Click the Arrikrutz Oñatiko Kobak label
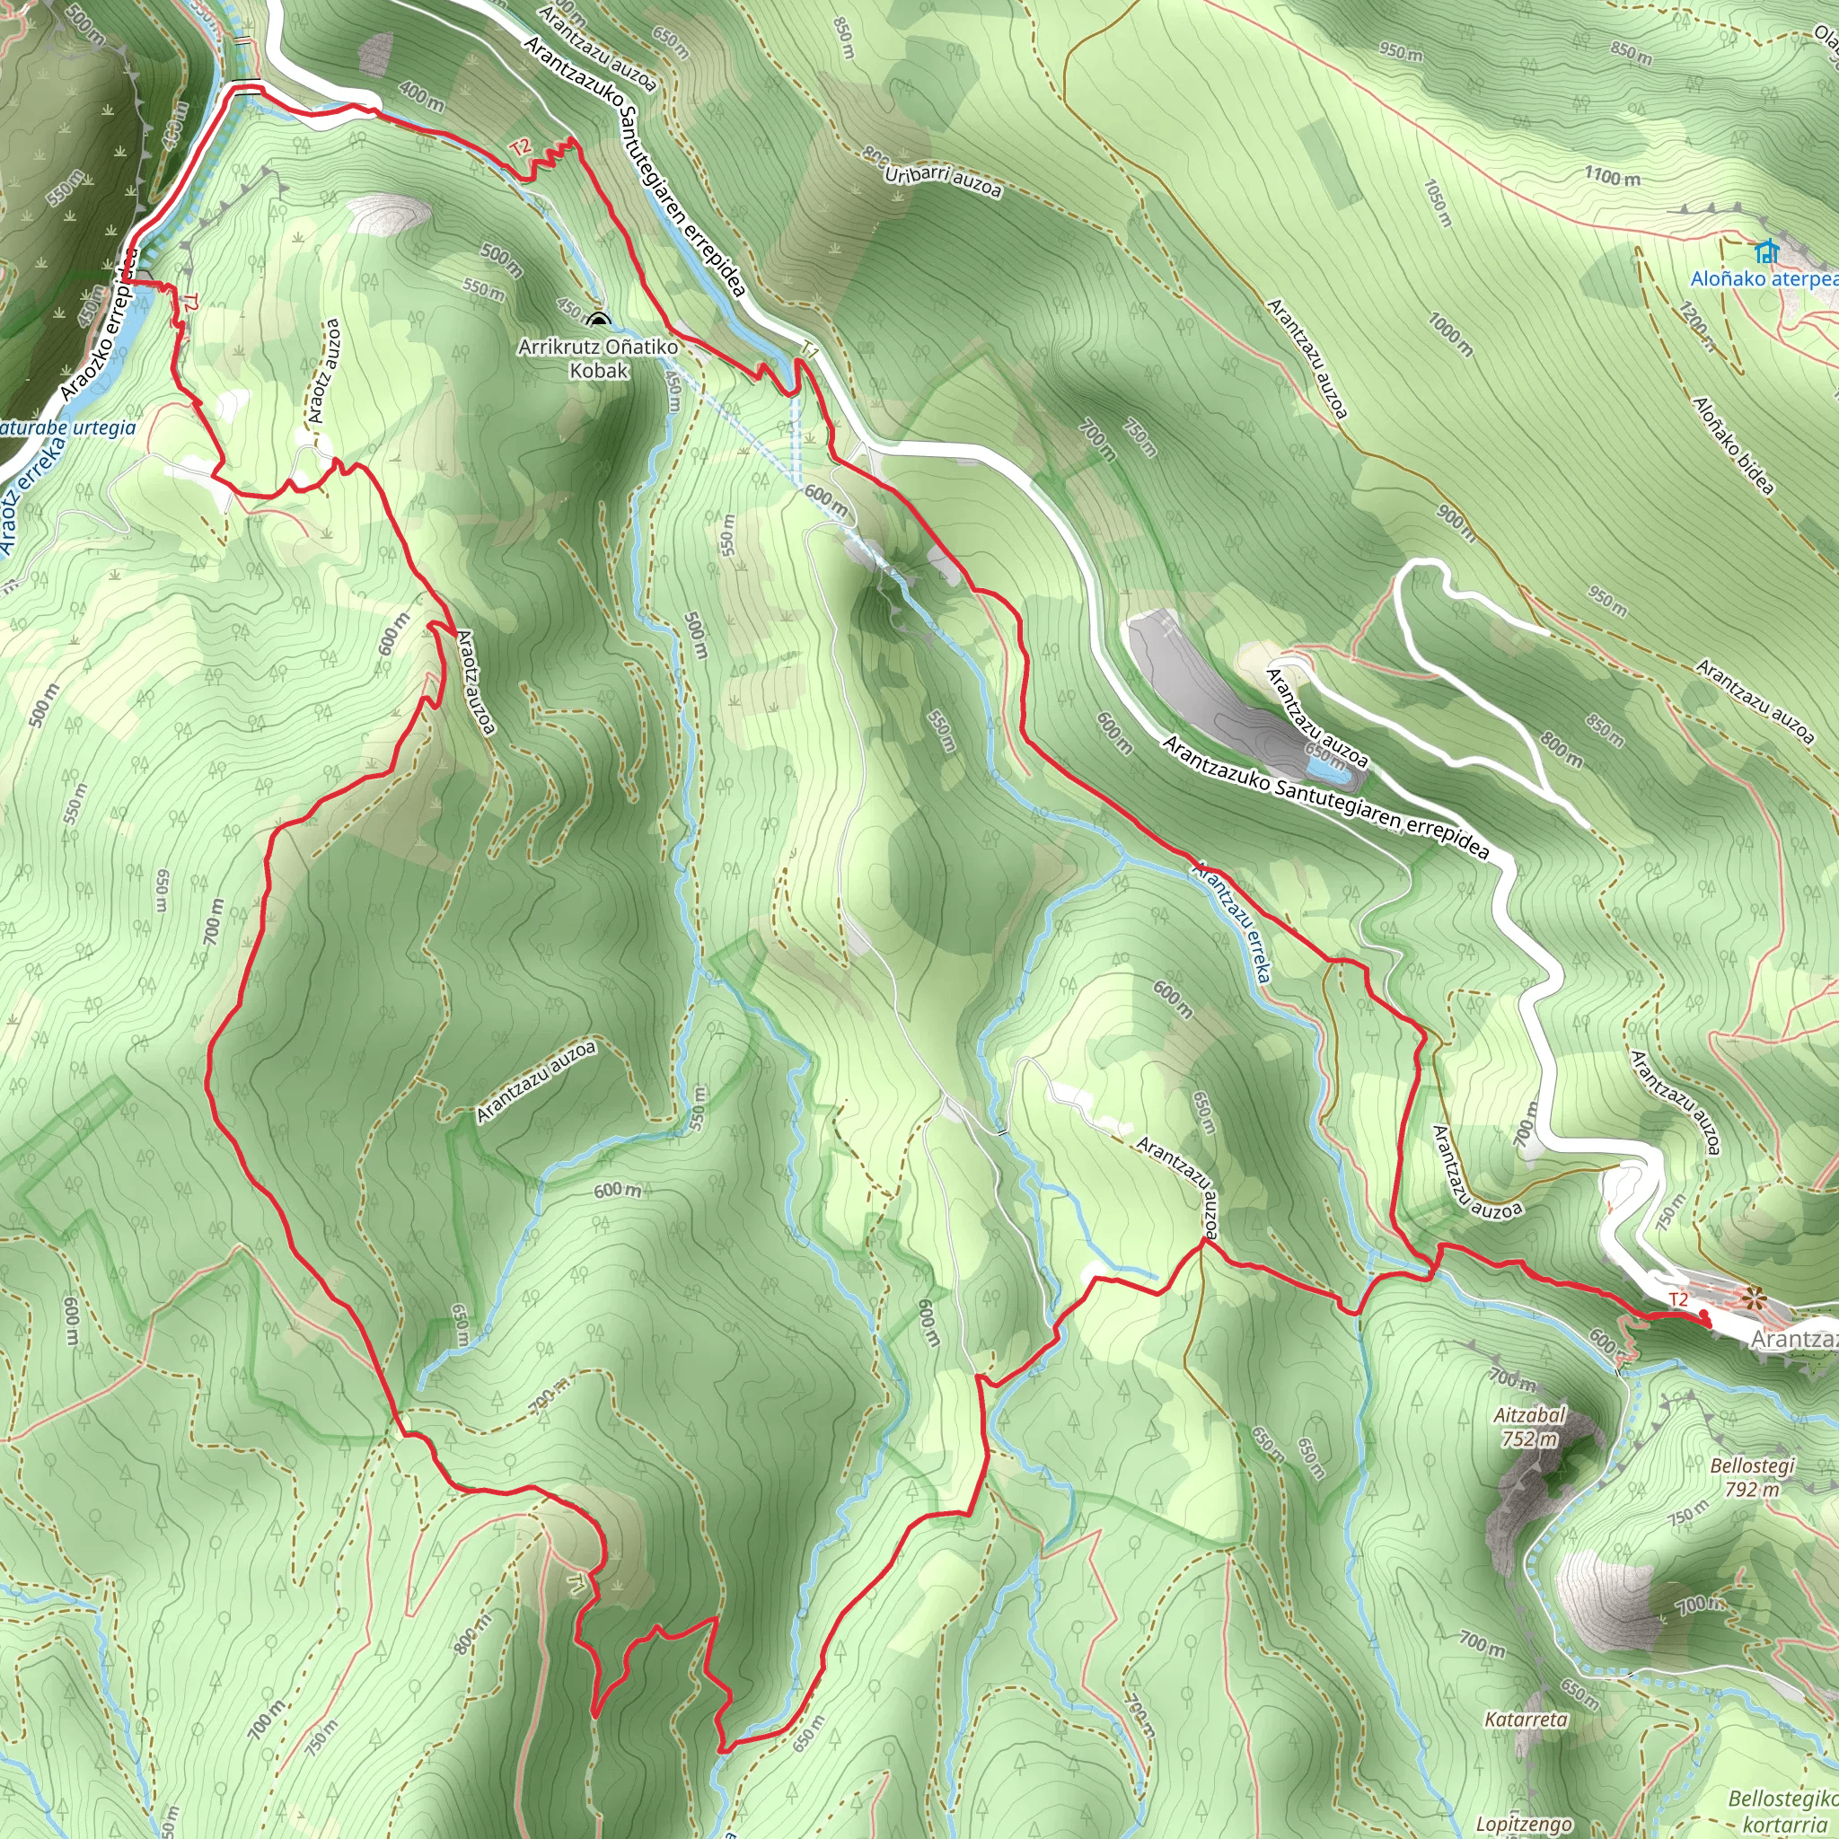[598, 359]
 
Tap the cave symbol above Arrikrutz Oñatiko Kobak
[598, 321]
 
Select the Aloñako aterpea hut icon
[1767, 252]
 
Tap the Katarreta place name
[1526, 1720]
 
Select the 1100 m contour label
[1613, 176]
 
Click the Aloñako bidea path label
[1733, 445]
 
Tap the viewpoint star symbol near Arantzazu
[1754, 1298]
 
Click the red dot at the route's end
[1703, 1318]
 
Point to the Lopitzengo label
[1524, 1824]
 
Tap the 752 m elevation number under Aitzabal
[1529, 1439]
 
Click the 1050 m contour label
[1439, 203]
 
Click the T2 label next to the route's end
[1678, 1299]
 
